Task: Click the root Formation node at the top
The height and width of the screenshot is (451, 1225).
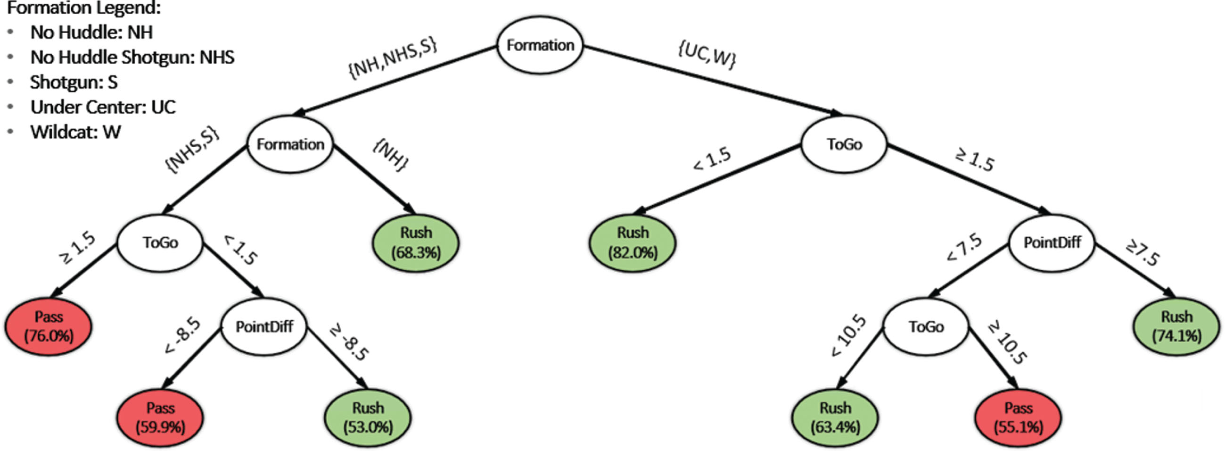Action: pyautogui.click(x=540, y=45)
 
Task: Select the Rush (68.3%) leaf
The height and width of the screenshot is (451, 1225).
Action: pyautogui.click(x=416, y=242)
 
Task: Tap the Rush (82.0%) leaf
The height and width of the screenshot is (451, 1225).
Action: pyautogui.click(x=633, y=242)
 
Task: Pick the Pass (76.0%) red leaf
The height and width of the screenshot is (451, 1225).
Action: pyautogui.click(x=49, y=327)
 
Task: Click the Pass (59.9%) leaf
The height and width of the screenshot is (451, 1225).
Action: pyautogui.click(x=160, y=418)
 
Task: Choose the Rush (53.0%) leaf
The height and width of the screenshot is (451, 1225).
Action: pyautogui.click(x=368, y=418)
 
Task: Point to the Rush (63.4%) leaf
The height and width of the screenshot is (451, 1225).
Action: pyautogui.click(x=835, y=418)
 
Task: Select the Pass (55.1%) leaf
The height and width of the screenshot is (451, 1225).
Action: pyautogui.click(x=1018, y=418)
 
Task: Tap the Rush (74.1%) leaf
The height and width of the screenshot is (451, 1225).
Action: pyautogui.click(x=1176, y=327)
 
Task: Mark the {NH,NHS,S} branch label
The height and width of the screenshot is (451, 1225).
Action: pyautogui.click(x=393, y=58)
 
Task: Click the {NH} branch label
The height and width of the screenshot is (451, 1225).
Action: pyautogui.click(x=390, y=156)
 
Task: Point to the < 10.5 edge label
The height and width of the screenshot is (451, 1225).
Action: pyautogui.click(x=848, y=335)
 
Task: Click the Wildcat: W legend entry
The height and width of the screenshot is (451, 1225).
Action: pyautogui.click(x=75, y=132)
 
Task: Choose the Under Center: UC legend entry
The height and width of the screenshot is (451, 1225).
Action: pyautogui.click(x=103, y=107)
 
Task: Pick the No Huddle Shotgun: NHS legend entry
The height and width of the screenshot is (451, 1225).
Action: pyautogui.click(x=132, y=58)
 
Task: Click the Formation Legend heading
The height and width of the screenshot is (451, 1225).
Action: pyautogui.click(x=83, y=8)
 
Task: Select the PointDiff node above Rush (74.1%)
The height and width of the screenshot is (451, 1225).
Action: pyautogui.click(x=1052, y=242)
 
